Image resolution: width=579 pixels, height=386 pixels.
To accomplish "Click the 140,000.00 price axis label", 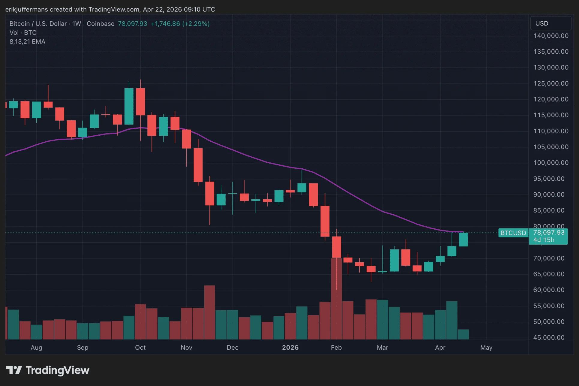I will pos(551,36).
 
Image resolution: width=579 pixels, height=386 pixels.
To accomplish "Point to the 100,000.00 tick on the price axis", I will pos(551,163).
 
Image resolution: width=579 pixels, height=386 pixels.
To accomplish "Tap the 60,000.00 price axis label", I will pos(549,290).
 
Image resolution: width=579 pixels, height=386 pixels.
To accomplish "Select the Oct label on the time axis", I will pos(140,347).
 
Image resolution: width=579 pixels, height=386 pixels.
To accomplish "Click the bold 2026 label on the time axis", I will pos(290,347).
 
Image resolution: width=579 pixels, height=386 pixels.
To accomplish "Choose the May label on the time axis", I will pos(486,347).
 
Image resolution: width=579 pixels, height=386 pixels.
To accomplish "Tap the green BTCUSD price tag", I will pos(513,233).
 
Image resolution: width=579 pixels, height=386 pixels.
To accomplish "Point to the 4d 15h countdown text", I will pos(544,240).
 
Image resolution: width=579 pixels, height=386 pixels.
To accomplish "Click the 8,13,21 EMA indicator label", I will pos(27,42).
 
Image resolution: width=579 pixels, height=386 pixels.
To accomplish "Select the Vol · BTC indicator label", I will pos(23,33).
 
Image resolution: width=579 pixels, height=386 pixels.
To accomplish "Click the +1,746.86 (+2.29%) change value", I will pos(180,24).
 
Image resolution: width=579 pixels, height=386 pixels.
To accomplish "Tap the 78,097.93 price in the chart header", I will pos(132,24).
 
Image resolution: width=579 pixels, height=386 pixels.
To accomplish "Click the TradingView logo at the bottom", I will pos(48,370).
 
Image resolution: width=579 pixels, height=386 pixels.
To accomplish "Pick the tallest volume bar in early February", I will pos(336,299).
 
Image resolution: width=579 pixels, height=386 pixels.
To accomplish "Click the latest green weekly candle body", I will pos(463,240).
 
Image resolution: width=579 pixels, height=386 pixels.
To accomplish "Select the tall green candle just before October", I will pos(129,106).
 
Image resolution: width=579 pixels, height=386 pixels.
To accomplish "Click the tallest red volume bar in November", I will pos(209,312).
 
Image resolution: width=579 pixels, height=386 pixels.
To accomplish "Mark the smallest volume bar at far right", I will pos(463,334).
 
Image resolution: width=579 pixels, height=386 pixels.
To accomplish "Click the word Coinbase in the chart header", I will pos(100,24).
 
